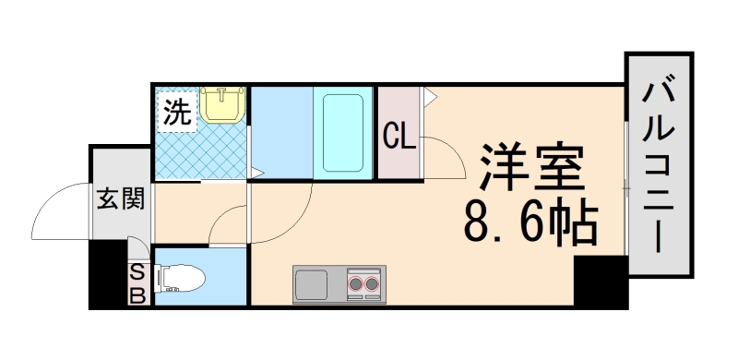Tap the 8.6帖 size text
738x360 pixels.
(530, 222)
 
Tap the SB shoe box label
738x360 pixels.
(137, 284)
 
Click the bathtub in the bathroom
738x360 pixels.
(341, 131)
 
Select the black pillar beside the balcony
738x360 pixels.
(600, 282)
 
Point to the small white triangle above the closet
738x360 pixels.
(428, 92)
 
